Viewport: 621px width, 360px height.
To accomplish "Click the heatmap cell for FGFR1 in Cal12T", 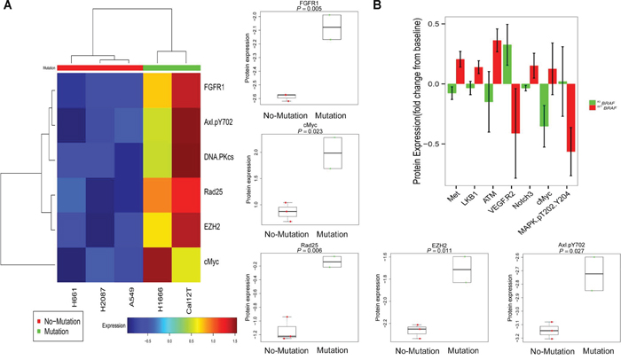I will [185, 90].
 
